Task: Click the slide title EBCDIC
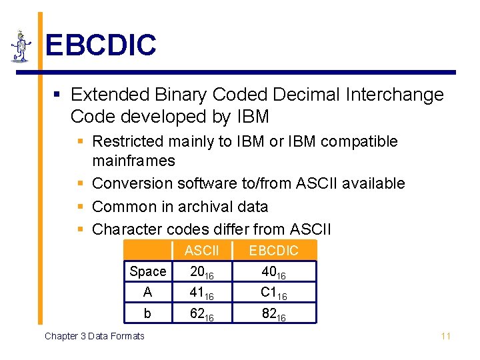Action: [x=100, y=45]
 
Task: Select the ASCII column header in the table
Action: [x=201, y=251]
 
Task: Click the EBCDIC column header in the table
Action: [x=273, y=251]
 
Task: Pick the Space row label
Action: [x=148, y=271]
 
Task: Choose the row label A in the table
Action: [x=148, y=292]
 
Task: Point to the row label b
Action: [x=148, y=313]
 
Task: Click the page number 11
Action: [x=445, y=336]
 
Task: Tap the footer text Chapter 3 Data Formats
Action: [x=94, y=336]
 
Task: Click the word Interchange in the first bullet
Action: [x=394, y=95]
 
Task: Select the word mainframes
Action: [x=133, y=161]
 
